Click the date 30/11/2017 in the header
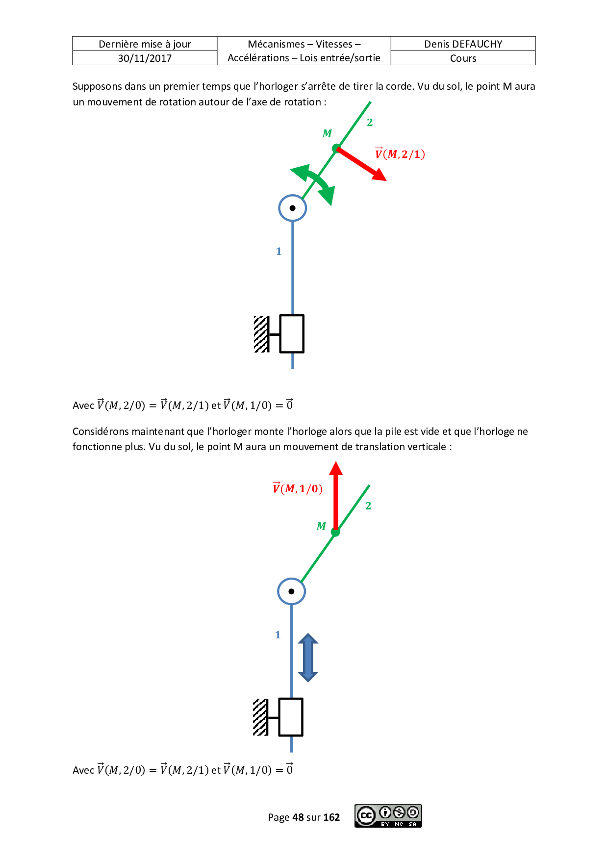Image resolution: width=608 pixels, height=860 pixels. tap(145, 58)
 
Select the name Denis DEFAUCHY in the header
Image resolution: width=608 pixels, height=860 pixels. tap(463, 44)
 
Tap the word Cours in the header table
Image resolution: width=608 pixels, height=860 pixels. tap(463, 58)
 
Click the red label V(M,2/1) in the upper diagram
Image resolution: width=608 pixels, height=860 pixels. tap(400, 154)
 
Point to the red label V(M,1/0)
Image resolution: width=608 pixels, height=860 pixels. tap(297, 488)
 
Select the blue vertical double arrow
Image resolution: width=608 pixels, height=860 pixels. tap(308, 658)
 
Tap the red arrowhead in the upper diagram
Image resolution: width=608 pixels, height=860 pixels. tap(379, 174)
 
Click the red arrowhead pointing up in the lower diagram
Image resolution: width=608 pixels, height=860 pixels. tap(336, 468)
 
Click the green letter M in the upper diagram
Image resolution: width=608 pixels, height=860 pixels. tap(327, 133)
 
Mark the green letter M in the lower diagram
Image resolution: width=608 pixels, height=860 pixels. tap(321, 526)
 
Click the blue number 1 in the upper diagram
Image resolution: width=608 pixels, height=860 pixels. tap(279, 252)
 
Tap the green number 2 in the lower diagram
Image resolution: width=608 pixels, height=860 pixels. tap(368, 506)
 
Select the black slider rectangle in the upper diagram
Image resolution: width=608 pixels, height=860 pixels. tap(292, 334)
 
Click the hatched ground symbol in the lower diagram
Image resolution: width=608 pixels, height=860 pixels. tap(261, 718)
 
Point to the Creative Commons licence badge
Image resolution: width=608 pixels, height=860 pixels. tap(388, 816)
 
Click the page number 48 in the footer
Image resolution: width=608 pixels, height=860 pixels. tap(298, 817)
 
